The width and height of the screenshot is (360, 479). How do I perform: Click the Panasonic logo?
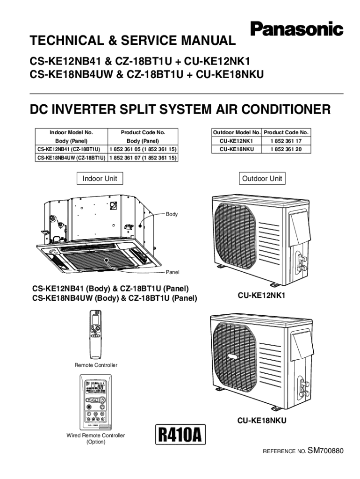[297, 29]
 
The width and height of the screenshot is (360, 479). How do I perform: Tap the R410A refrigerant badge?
[179, 435]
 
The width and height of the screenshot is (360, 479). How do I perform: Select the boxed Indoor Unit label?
[100, 179]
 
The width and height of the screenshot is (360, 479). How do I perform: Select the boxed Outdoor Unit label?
[262, 179]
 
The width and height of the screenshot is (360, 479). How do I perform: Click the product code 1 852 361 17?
[286, 141]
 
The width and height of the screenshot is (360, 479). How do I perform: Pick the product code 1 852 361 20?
[286, 149]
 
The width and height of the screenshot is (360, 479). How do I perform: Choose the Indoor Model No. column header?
[72, 132]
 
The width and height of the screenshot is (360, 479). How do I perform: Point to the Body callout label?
[172, 214]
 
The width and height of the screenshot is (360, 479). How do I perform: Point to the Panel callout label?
[173, 272]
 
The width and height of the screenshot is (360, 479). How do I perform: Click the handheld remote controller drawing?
[96, 335]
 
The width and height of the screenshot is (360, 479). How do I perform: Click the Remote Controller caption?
[96, 365]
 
